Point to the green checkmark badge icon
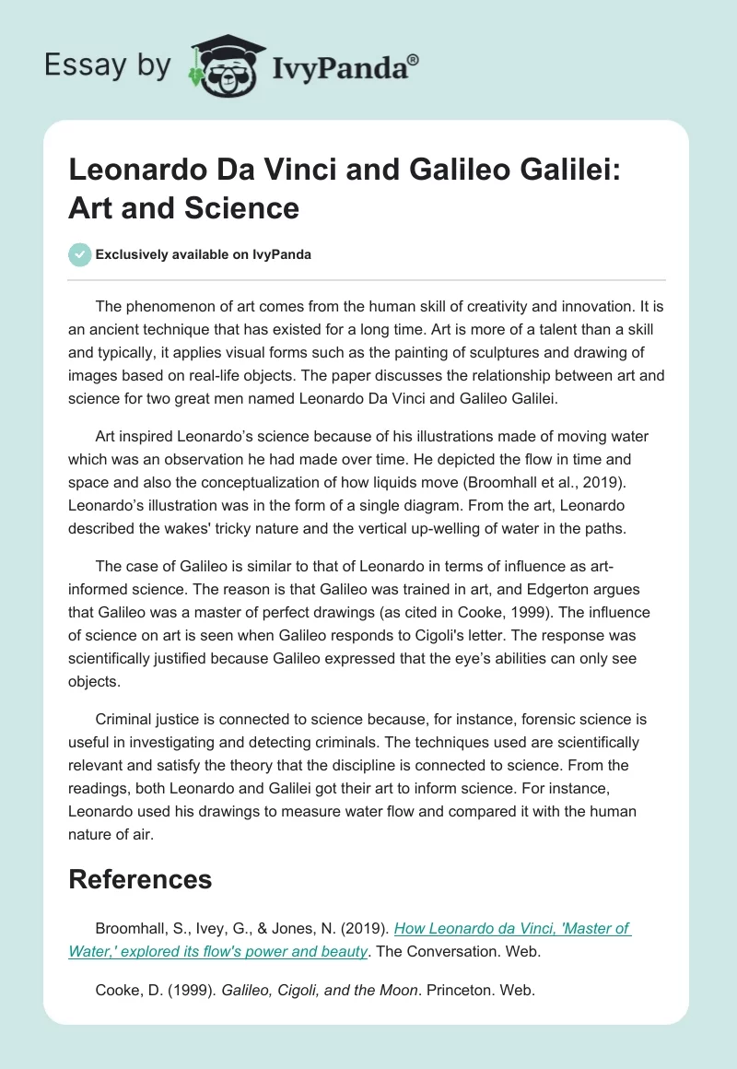[80, 254]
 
